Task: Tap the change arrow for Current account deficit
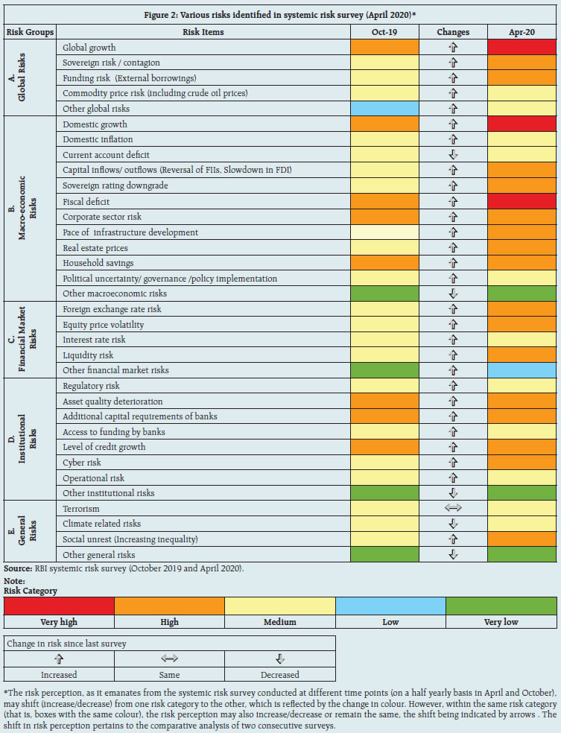pos(453,155)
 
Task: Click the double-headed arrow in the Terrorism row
pos(453,509)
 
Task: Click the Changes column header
pos(453,32)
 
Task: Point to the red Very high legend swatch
pos(59,605)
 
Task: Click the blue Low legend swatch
pos(390,605)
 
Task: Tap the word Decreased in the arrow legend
pos(280,674)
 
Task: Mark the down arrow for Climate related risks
pos(453,524)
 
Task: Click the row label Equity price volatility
pos(104,325)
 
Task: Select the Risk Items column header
pos(203,32)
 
